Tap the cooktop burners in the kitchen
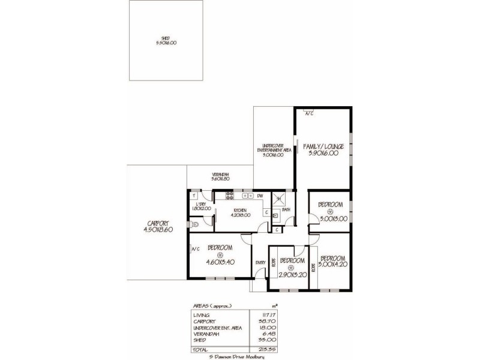pyautogui.click(x=228, y=196)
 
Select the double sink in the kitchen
pyautogui.click(x=245, y=196)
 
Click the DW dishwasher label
pyautogui.click(x=260, y=196)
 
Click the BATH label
pyautogui.click(x=286, y=209)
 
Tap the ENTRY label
pyautogui.click(x=260, y=263)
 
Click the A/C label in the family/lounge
pyautogui.click(x=308, y=113)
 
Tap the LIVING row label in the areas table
pyautogui.click(x=200, y=314)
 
